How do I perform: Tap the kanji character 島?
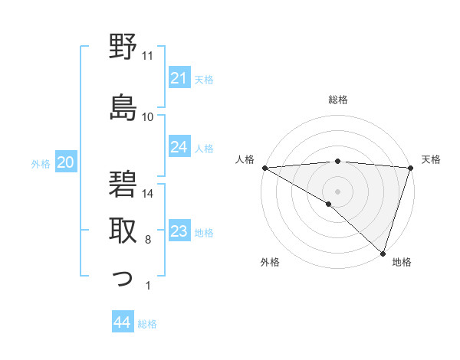coord(123,107)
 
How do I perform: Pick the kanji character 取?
coord(123,231)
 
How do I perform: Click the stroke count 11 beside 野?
coord(148,56)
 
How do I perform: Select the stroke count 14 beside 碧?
coord(148,194)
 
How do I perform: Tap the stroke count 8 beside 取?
coord(148,241)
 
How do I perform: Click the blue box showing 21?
coord(179,78)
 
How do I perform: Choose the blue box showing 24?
coord(179,147)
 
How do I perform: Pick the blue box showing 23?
coord(179,232)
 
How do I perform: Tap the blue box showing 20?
coord(66,162)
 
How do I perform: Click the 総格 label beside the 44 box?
coord(148,324)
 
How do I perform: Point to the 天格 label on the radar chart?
coord(431,159)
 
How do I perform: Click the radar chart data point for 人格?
coord(264,167)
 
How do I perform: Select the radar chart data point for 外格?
coord(329,205)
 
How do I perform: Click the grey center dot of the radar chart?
coord(337,190)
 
